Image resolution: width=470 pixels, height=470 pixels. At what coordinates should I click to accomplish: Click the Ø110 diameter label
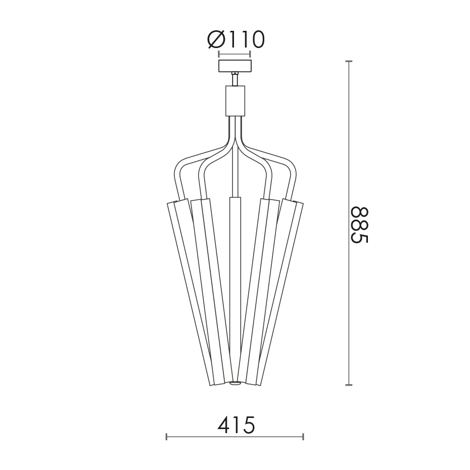[236, 40]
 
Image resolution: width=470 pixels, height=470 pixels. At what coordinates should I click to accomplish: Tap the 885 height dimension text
[360, 225]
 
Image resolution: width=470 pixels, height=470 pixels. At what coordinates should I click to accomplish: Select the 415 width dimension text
[236, 426]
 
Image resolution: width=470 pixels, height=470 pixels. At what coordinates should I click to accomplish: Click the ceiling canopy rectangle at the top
[234, 66]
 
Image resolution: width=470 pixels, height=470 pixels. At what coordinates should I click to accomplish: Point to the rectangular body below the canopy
[235, 101]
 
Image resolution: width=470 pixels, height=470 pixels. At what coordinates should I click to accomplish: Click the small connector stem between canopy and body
[234, 79]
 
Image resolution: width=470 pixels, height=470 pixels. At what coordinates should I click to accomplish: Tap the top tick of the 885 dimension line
[348, 62]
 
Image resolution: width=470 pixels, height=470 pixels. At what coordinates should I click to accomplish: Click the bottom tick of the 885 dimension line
[348, 385]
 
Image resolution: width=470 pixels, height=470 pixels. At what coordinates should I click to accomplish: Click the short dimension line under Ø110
[234, 54]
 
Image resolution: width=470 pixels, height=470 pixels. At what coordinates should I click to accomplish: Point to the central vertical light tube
[235, 288]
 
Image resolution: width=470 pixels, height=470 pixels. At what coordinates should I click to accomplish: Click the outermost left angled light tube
[190, 293]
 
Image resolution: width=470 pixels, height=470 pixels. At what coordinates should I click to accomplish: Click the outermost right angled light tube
[280, 293]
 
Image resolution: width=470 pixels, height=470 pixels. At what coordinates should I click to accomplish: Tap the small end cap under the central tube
[235, 383]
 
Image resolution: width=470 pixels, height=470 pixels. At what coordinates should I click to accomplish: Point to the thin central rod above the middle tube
[235, 172]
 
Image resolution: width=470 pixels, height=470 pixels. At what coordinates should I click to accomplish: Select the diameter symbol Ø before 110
[216, 40]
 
